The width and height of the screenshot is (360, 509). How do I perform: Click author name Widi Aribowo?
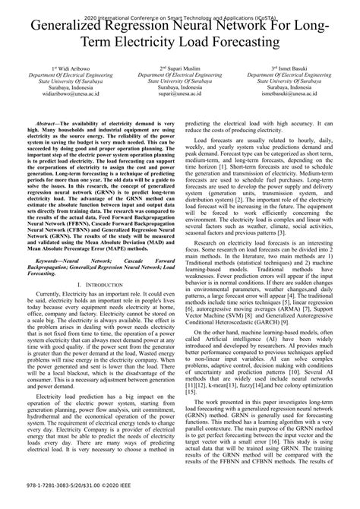click(x=68, y=68)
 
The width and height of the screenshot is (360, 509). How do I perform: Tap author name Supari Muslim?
click(x=181, y=68)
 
